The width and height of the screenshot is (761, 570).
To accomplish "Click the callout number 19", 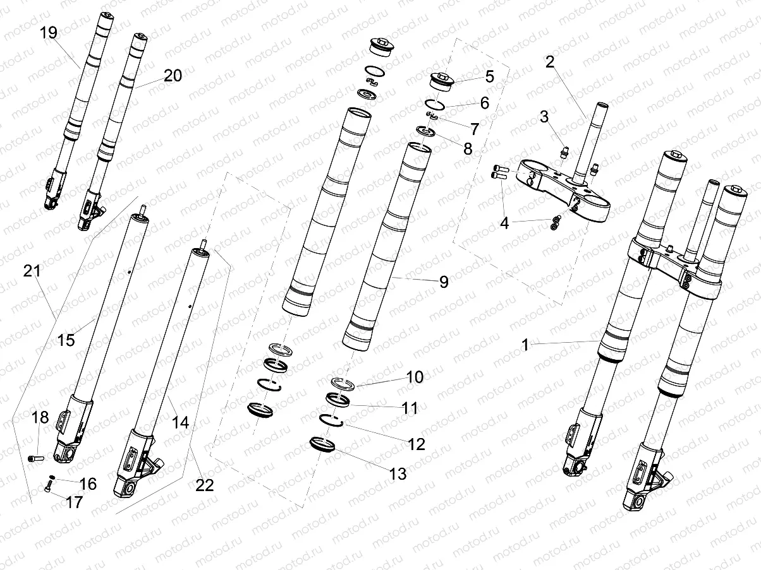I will click(x=49, y=32).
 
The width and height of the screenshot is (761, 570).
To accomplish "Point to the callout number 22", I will click(x=204, y=485).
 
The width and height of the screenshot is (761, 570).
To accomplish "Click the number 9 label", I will click(x=444, y=282).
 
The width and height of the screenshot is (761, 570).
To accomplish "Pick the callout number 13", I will click(x=398, y=473).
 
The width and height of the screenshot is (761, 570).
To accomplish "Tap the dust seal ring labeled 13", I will click(x=323, y=445).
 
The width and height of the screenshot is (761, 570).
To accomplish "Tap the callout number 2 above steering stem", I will click(x=550, y=61).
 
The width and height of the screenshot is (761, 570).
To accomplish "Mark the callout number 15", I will click(x=66, y=340).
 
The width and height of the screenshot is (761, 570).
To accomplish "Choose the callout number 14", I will click(x=181, y=422).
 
